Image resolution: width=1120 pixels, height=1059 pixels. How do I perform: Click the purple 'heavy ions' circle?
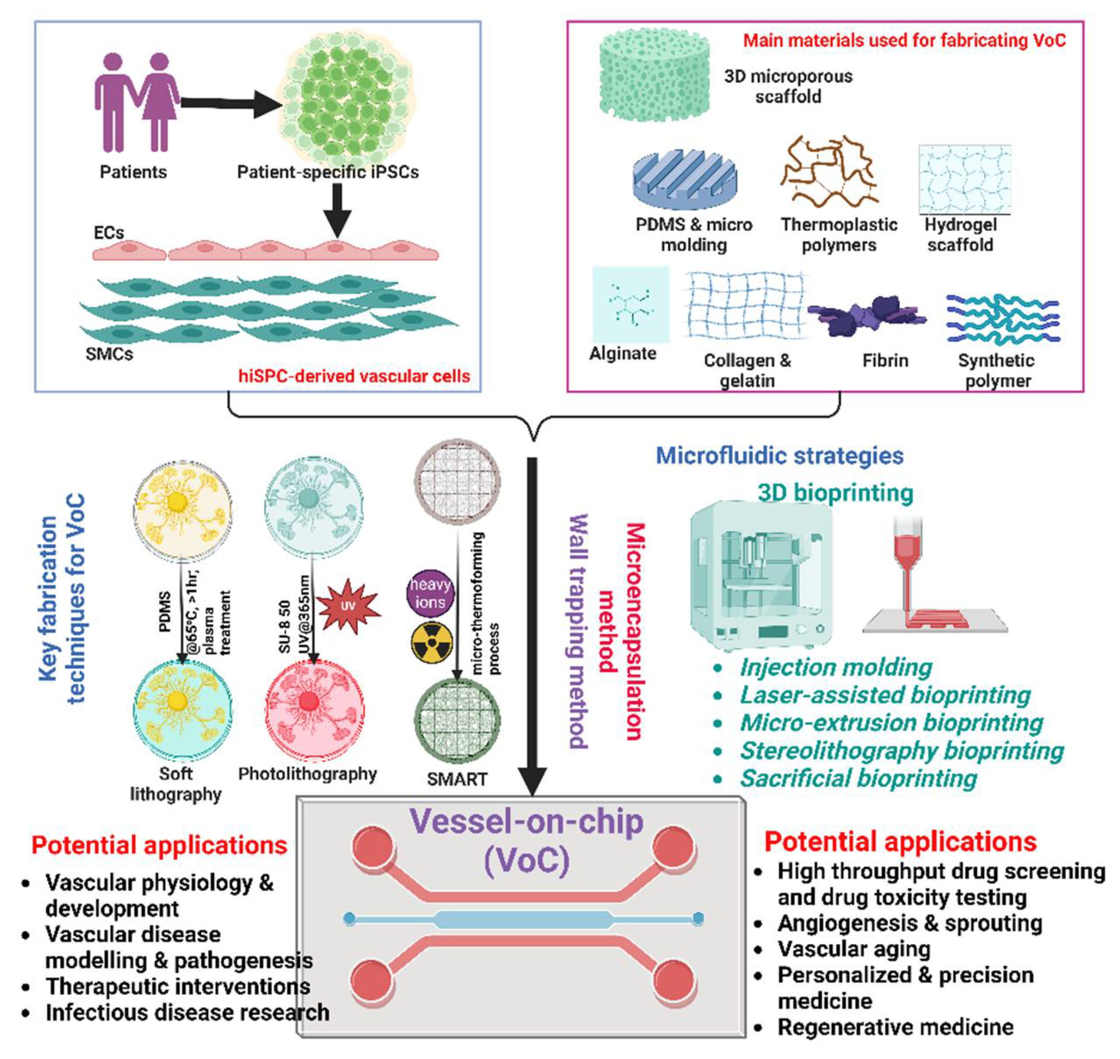pyautogui.click(x=430, y=593)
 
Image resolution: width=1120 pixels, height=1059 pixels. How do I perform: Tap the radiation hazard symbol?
pyautogui.click(x=431, y=643)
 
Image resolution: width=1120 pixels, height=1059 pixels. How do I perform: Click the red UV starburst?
pyautogui.click(x=348, y=606)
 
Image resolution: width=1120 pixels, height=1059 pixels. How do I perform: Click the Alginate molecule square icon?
pyautogui.click(x=630, y=305)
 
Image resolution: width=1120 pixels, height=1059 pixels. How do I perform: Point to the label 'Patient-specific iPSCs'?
pyautogui.click(x=328, y=172)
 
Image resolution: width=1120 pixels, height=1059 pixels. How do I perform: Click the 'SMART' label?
pyautogui.click(x=457, y=779)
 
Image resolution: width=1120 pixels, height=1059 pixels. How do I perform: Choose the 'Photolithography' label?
pyautogui.click(x=307, y=773)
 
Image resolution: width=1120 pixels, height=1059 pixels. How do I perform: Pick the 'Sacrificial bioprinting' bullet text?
pyautogui.click(x=858, y=778)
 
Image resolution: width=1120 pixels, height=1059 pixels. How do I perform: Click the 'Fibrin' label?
pyautogui.click(x=885, y=360)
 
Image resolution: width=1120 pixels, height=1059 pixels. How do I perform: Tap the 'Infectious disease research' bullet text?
pyautogui.click(x=187, y=1012)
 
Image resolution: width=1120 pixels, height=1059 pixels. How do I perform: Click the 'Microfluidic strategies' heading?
pyautogui.click(x=779, y=455)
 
